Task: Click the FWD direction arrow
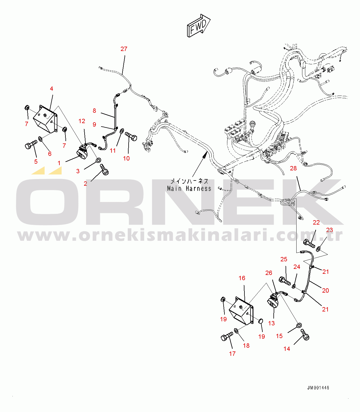[x=199, y=25]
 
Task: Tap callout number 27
[x=124, y=49]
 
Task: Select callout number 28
[x=293, y=168]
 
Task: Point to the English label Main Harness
[x=189, y=189]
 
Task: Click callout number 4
[x=52, y=89]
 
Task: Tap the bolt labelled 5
[x=31, y=144]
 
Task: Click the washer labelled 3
[x=98, y=160]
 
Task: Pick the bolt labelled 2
[x=105, y=169]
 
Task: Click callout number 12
[x=82, y=121]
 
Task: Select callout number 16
[x=242, y=278]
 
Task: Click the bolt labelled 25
[x=285, y=281]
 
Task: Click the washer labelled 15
[x=299, y=325]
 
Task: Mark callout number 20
[x=325, y=290]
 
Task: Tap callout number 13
[x=271, y=323]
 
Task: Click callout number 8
[x=94, y=111]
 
